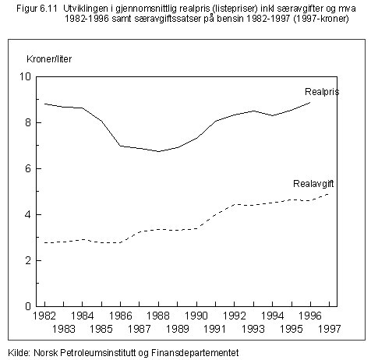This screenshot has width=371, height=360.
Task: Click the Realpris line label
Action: (x=322, y=92)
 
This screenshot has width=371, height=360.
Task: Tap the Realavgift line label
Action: (x=313, y=184)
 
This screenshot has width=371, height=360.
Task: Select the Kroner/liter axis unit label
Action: (x=49, y=59)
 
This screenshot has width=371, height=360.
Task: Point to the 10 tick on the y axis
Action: (x=25, y=76)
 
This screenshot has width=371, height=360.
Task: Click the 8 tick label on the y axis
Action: (x=28, y=122)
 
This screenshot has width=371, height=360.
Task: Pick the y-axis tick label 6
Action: (x=28, y=168)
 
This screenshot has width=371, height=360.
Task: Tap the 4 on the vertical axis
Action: (x=28, y=214)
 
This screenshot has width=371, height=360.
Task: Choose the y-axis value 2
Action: (x=28, y=260)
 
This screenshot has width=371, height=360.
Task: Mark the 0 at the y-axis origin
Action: (x=28, y=306)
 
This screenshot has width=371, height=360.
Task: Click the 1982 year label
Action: (x=44, y=316)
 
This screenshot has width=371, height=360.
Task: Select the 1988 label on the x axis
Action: (x=158, y=316)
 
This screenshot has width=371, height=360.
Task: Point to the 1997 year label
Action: (x=329, y=329)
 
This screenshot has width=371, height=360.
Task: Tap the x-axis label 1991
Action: (x=215, y=329)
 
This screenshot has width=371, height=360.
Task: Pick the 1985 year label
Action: (x=101, y=329)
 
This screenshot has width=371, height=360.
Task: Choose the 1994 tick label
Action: (x=272, y=316)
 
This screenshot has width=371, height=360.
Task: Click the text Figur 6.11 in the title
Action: (x=37, y=9)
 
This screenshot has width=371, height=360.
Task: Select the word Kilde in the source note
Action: (x=19, y=353)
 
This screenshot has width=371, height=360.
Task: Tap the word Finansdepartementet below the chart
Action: (x=195, y=353)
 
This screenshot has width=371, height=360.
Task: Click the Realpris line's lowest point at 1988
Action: (x=158, y=151)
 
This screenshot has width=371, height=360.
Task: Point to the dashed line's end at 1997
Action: (x=329, y=194)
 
